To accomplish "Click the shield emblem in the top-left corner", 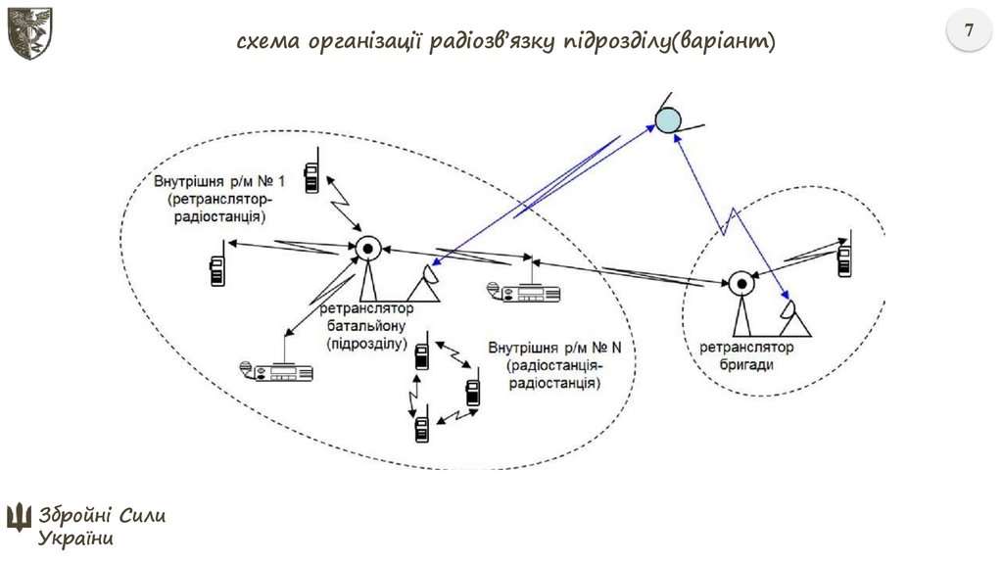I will click(x=29, y=32).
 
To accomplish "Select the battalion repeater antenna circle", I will click(x=367, y=249).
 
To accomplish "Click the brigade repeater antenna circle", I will click(x=740, y=285).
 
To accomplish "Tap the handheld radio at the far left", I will click(x=217, y=267).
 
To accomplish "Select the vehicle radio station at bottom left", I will click(x=277, y=370).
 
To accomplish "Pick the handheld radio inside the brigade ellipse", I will click(x=844, y=258).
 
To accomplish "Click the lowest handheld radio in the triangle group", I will click(x=422, y=427).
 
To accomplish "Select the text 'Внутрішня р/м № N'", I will click(x=554, y=349).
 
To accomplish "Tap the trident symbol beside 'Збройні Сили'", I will click(x=19, y=516).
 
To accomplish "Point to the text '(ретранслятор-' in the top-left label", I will click(x=214, y=199).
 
